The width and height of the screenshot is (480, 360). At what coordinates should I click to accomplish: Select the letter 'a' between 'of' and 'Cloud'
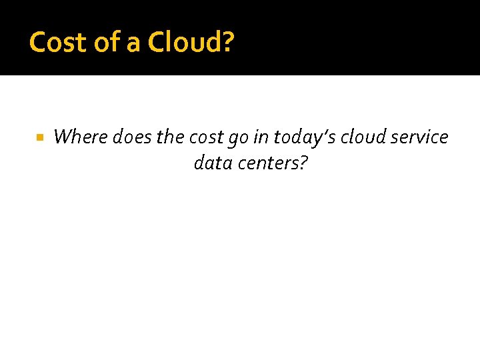click(133, 43)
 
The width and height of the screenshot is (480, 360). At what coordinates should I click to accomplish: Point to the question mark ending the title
click(228, 42)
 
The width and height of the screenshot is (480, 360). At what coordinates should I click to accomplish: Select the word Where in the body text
click(81, 137)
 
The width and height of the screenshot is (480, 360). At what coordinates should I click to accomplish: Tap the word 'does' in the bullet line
click(133, 137)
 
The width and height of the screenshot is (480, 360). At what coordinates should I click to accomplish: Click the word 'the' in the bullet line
click(171, 137)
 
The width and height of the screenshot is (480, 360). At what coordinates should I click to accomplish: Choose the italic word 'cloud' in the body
click(364, 137)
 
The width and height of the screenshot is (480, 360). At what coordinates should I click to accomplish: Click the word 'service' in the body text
click(420, 137)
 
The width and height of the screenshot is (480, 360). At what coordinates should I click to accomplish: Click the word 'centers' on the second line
click(268, 163)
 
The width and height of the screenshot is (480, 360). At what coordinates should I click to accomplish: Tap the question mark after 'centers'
click(303, 163)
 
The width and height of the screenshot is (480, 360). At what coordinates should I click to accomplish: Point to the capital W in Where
click(63, 137)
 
